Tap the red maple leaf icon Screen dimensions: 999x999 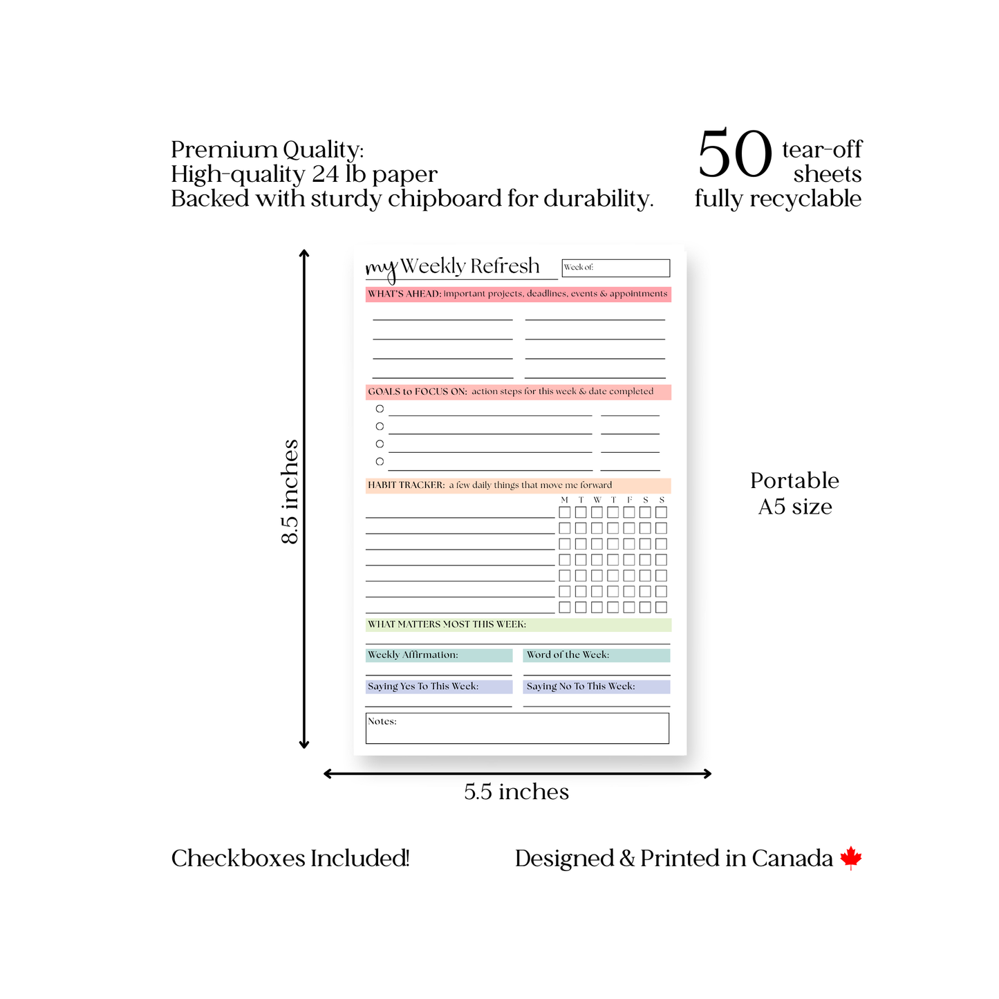[851, 858]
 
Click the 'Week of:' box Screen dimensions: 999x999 [615, 268]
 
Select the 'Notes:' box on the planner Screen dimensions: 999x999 [517, 728]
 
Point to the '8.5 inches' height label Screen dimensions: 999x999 [290, 492]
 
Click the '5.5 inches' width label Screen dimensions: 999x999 [516, 792]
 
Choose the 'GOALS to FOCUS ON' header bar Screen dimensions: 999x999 [518, 391]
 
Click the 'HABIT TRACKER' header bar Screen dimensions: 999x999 [518, 485]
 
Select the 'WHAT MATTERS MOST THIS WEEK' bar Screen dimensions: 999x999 [518, 624]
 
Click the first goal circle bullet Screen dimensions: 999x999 [380, 409]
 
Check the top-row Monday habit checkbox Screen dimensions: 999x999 [565, 512]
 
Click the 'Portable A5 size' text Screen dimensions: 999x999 [794, 494]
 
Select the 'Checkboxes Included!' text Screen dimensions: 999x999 [290, 858]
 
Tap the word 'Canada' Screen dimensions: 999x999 [792, 858]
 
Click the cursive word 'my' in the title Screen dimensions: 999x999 [382, 268]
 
